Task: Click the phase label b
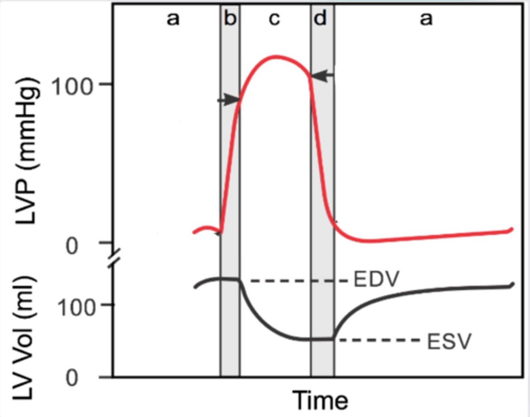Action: pyautogui.click(x=230, y=18)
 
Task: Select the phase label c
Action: pyautogui.click(x=274, y=18)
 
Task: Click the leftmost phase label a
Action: pyautogui.click(x=173, y=18)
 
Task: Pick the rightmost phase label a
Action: pyautogui.click(x=426, y=18)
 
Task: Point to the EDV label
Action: pyautogui.click(x=376, y=279)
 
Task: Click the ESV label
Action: pyautogui.click(x=449, y=342)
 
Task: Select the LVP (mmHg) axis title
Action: pyautogui.click(x=26, y=151)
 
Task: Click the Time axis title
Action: pyautogui.click(x=320, y=400)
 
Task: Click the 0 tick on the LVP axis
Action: pyautogui.click(x=72, y=246)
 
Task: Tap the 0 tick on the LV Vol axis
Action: pyautogui.click(x=72, y=378)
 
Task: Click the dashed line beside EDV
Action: pyautogui.click(x=298, y=281)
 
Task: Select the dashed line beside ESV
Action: pyautogui.click(x=379, y=340)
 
